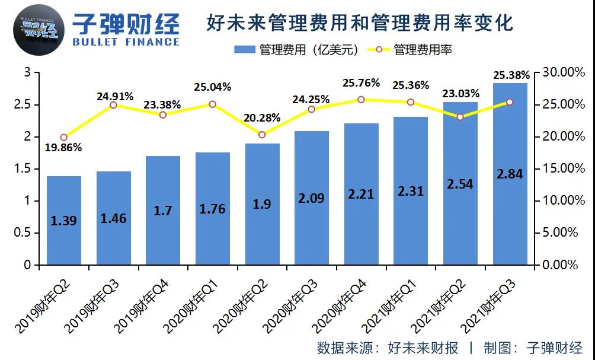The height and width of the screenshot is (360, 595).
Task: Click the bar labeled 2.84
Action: [x=510, y=174]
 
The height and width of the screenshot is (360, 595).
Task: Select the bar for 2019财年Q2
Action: [x=64, y=220]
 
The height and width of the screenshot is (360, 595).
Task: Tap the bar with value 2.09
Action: [x=312, y=197]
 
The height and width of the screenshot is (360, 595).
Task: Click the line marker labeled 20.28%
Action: [x=262, y=135]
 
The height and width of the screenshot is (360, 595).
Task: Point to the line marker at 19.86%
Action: [x=64, y=138]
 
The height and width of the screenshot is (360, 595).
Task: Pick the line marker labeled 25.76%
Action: [x=361, y=100]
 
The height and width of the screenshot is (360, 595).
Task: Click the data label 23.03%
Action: [x=460, y=93]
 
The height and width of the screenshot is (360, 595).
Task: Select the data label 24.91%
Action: [x=115, y=96]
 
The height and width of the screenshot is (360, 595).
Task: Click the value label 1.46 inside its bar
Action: [x=113, y=218]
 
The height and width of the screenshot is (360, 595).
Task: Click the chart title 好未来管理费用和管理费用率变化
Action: [x=360, y=22]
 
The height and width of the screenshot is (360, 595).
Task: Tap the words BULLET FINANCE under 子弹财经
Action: [x=125, y=42]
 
